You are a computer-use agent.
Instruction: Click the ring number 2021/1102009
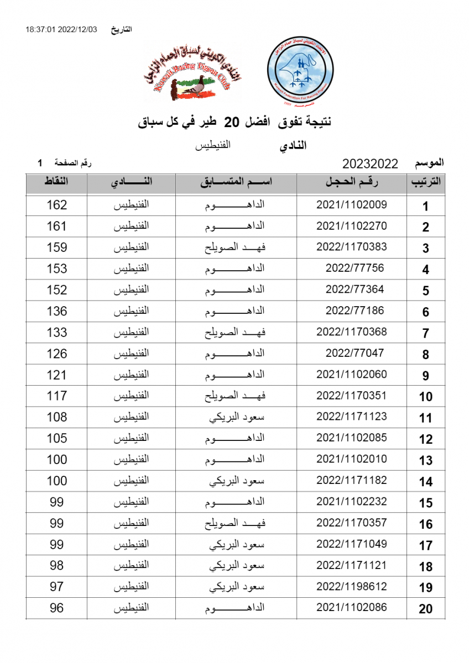[351, 205]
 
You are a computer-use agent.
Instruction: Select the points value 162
[56, 205]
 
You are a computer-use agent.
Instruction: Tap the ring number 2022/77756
[355, 269]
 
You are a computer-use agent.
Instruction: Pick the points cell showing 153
[56, 269]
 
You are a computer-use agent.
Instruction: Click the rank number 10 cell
[425, 397]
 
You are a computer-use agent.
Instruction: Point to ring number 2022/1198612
[351, 587]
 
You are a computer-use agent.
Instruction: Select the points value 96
[56, 608]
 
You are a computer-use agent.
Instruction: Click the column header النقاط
[56, 182]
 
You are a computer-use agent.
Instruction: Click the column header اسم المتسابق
[236, 182]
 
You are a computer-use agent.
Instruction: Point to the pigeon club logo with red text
[187, 73]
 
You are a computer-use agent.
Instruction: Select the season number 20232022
[371, 164]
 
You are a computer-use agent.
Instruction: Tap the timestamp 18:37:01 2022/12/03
[61, 29]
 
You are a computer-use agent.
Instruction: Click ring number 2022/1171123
[351, 417]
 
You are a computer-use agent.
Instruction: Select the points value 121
[56, 375]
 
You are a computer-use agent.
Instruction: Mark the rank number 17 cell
[425, 546]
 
